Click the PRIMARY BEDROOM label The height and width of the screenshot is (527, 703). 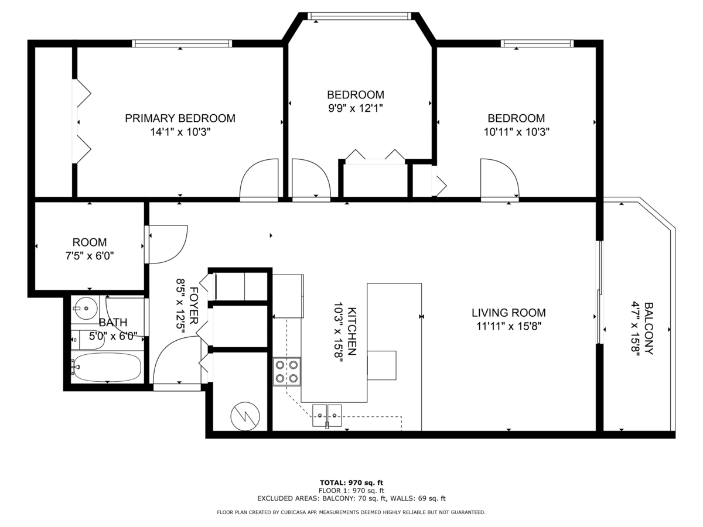(180, 118)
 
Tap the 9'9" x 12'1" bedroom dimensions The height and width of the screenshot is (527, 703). (355, 108)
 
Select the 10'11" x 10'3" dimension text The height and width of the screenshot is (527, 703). (516, 132)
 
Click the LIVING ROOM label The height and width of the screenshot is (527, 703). (509, 313)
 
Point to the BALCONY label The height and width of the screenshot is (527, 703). (649, 328)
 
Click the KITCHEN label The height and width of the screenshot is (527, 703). (351, 331)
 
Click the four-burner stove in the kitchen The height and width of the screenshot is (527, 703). (286, 371)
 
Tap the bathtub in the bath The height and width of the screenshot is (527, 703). (107, 367)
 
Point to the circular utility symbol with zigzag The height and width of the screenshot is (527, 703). (244, 416)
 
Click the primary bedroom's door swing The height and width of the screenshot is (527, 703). (259, 180)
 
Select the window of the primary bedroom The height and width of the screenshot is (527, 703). (182, 43)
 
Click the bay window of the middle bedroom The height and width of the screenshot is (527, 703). (360, 16)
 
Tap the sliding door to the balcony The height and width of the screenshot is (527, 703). (599, 293)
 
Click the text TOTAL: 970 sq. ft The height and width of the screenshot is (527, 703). (351, 482)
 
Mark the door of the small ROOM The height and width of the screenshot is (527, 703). (166, 244)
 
